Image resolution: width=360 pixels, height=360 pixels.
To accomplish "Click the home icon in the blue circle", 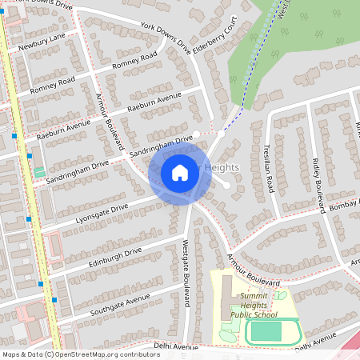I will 179,172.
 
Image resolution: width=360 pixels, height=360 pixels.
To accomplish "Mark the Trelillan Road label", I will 269,169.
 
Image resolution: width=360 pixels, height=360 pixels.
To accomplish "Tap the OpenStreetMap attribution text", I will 70,354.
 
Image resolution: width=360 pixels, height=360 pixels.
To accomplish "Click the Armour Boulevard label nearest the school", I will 252,270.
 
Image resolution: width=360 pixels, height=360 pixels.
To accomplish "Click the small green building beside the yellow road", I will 39,172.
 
